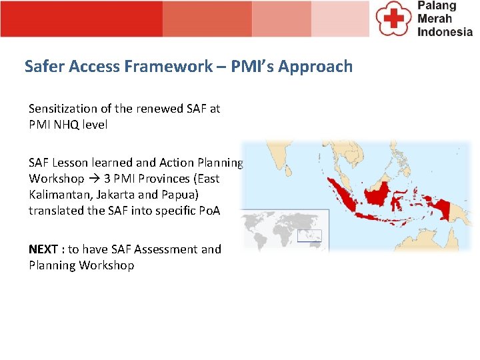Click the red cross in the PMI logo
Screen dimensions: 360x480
394,18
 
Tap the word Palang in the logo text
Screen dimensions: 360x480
437,6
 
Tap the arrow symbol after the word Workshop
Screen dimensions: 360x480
94,179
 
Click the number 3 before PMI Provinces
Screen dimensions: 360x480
107,179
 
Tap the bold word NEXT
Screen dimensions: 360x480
43,249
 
